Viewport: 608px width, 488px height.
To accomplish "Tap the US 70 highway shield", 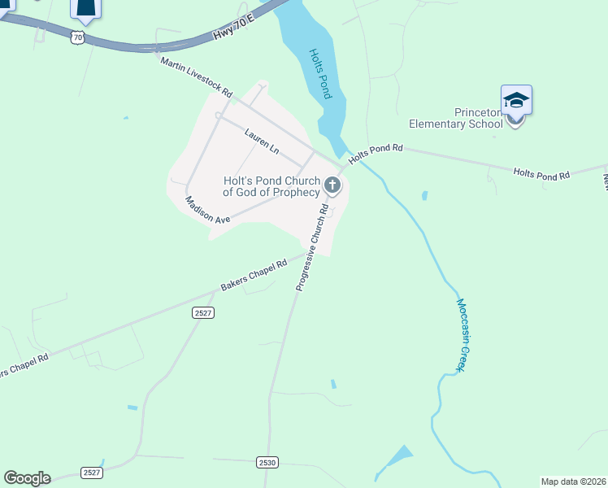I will [76, 37].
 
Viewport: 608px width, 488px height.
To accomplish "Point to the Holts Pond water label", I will [320, 74].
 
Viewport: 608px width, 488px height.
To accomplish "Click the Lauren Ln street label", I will [261, 140].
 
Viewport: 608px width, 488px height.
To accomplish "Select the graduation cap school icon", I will [516, 101].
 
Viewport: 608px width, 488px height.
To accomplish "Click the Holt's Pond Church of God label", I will [271, 186].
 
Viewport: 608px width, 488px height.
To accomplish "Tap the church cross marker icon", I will [332, 186].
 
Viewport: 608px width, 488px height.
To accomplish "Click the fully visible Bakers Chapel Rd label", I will [254, 276].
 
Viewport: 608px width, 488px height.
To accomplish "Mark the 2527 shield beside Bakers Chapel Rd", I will [203, 312].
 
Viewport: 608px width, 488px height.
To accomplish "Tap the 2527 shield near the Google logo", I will [93, 473].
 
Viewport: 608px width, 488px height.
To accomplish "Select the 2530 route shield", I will [267, 462].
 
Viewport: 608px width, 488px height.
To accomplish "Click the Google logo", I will [27, 478].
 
